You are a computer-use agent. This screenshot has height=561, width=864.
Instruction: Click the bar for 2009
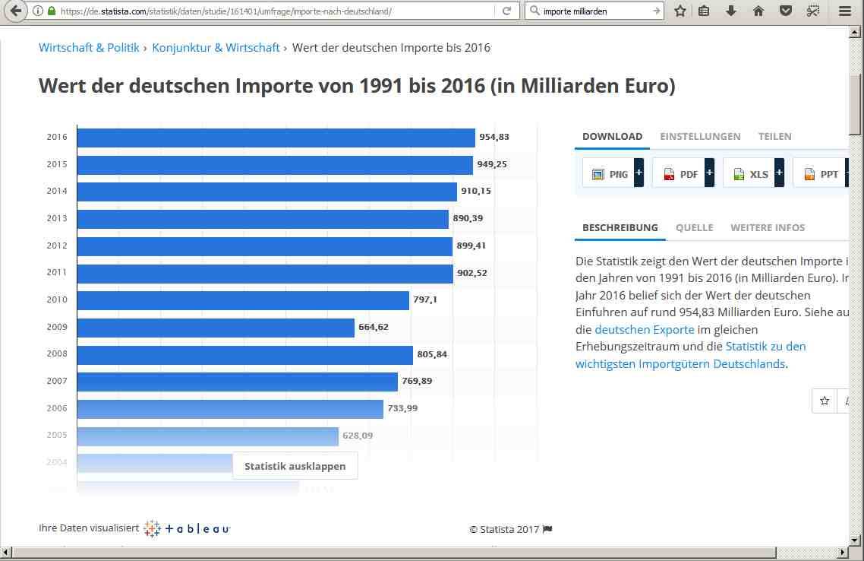coord(216,328)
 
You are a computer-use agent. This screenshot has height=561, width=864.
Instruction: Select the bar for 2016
coord(276,138)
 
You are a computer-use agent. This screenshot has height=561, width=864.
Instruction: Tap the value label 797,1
coord(425,300)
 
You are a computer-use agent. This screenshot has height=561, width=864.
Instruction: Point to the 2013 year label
coord(57,219)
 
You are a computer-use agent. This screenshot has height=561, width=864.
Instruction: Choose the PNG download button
coord(613,174)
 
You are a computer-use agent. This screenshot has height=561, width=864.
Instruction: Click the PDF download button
coord(683,174)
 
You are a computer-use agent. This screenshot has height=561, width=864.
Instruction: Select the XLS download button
coord(753,174)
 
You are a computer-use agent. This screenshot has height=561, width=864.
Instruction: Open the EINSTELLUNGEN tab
coord(700,137)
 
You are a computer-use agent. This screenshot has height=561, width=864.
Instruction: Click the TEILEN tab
coord(774,137)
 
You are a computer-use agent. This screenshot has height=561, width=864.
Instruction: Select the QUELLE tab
coord(694,228)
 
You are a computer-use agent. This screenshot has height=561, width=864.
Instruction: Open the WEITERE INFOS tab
coord(768,228)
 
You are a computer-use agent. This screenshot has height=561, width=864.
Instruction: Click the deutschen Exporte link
coord(644,330)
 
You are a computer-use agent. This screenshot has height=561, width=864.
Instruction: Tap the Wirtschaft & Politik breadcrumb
coord(89,48)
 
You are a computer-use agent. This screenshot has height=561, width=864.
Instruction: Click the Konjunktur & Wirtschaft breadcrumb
coord(216,48)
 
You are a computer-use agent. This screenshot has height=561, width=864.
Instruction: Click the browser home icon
coord(758,11)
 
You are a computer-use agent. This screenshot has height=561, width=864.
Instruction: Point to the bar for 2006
coord(230,409)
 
